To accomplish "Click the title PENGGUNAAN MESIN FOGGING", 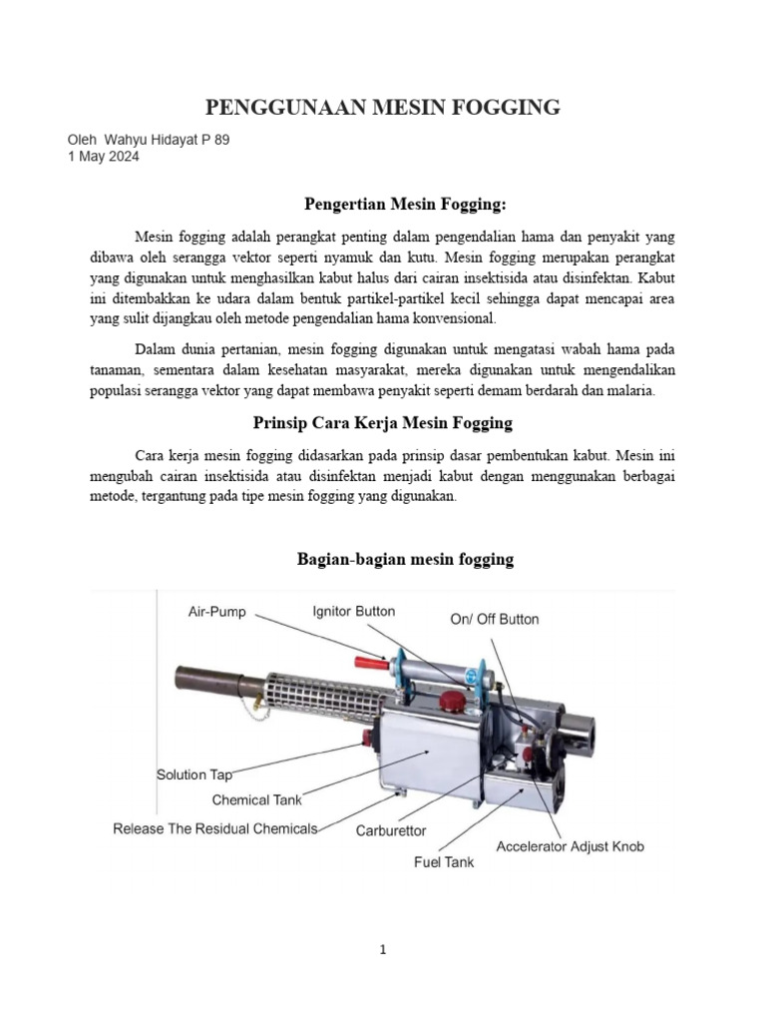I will (x=383, y=107).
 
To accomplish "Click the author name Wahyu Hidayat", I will (x=159, y=140).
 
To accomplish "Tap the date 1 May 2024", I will (x=104, y=157).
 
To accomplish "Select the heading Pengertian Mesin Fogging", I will (x=405, y=204).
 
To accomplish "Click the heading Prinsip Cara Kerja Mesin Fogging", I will (x=405, y=422).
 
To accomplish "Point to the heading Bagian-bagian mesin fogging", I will (x=405, y=559).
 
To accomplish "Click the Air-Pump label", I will (x=217, y=612).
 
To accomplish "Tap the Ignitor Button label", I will (x=353, y=611).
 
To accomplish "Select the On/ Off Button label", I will (x=494, y=619).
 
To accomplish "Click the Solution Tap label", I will (x=194, y=774).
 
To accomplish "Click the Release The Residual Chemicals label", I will (x=215, y=828).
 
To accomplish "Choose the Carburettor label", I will (x=391, y=829).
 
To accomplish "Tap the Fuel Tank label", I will (x=444, y=861).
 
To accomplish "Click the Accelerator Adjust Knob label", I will (x=571, y=846).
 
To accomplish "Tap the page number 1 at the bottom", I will (x=383, y=951).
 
